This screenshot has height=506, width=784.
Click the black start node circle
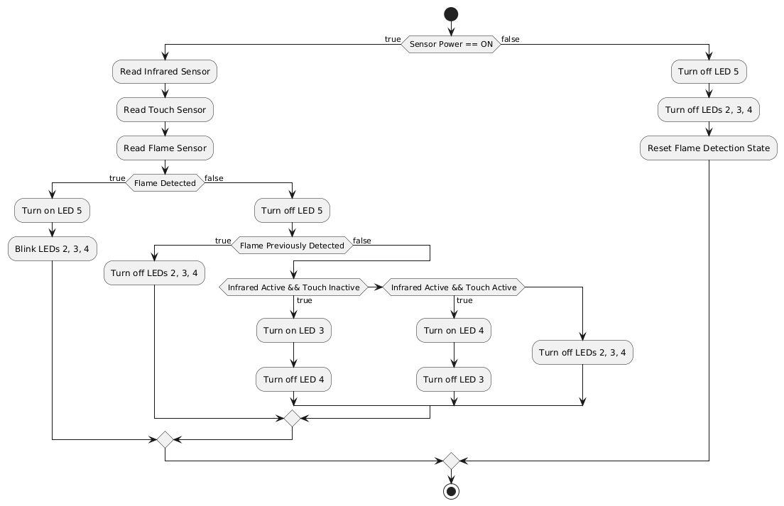451,14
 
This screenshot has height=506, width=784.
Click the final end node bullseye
451,491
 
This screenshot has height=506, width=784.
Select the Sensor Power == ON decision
451,45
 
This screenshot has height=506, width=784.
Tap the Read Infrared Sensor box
165,72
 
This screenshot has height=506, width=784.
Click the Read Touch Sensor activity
165,110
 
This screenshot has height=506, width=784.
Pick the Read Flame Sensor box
165,148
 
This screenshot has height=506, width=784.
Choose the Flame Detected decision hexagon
165,183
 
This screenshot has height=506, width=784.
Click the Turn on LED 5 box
52,210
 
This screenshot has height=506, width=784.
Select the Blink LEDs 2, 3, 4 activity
52,249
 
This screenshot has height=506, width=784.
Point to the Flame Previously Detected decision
292,246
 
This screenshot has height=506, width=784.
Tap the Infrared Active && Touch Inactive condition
293,287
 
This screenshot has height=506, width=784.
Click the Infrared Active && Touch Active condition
454,287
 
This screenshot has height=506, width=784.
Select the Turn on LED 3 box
294,330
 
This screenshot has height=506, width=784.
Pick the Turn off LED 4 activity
294,380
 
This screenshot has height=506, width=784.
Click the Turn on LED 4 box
454,330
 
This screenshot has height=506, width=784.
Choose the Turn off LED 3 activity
454,380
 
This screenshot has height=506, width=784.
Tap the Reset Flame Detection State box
709,148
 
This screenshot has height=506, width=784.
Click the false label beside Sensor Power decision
511,40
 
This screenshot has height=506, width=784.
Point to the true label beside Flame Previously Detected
223,241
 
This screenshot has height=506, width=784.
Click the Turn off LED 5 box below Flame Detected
292,210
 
